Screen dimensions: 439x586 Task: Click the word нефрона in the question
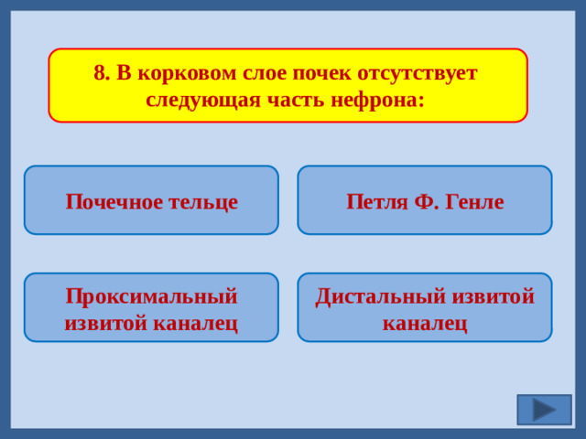(x=378, y=99)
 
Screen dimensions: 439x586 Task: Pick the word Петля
(x=375, y=201)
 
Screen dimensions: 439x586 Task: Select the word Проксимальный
(x=152, y=296)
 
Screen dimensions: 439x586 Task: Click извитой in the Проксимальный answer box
(x=108, y=322)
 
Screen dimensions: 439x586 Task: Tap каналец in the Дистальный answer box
(x=425, y=322)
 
